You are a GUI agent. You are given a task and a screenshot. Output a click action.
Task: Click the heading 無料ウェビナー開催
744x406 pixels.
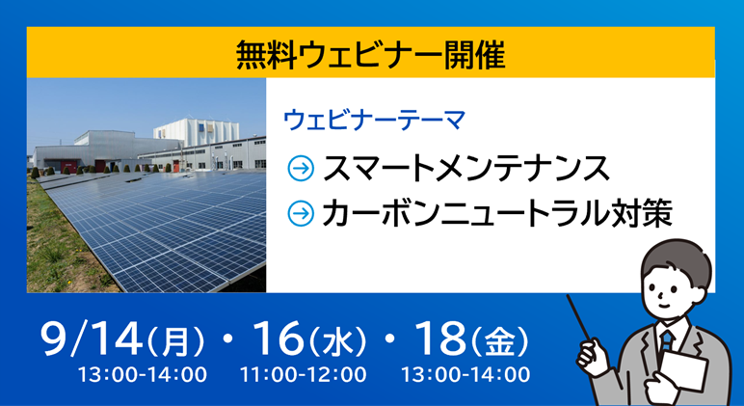371,54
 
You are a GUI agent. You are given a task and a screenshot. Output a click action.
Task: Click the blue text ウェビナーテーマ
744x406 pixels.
374,121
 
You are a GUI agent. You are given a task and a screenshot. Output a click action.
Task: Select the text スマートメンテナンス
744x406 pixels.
465,168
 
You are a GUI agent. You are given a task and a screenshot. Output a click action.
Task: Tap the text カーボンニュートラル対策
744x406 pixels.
497,213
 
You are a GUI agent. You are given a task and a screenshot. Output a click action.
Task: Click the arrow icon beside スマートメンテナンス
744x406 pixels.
301,168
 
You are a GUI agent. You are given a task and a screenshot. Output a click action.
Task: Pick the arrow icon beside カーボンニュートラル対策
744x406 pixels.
301,213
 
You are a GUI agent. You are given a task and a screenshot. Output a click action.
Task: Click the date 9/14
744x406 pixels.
92,338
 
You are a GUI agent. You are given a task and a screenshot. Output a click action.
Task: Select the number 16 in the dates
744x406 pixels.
279,338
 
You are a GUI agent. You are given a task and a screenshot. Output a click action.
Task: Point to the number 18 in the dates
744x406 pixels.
440,338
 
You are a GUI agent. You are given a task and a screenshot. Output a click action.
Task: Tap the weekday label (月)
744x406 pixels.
176,341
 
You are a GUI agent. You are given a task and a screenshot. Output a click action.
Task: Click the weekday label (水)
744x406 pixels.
337,341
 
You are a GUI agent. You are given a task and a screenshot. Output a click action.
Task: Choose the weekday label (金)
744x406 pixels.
499,341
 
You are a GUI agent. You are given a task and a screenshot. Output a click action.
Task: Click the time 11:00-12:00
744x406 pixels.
304,375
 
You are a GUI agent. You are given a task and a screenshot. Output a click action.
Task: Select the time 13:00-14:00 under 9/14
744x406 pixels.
143,375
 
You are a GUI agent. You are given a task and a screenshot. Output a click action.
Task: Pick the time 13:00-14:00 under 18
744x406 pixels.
465,375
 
